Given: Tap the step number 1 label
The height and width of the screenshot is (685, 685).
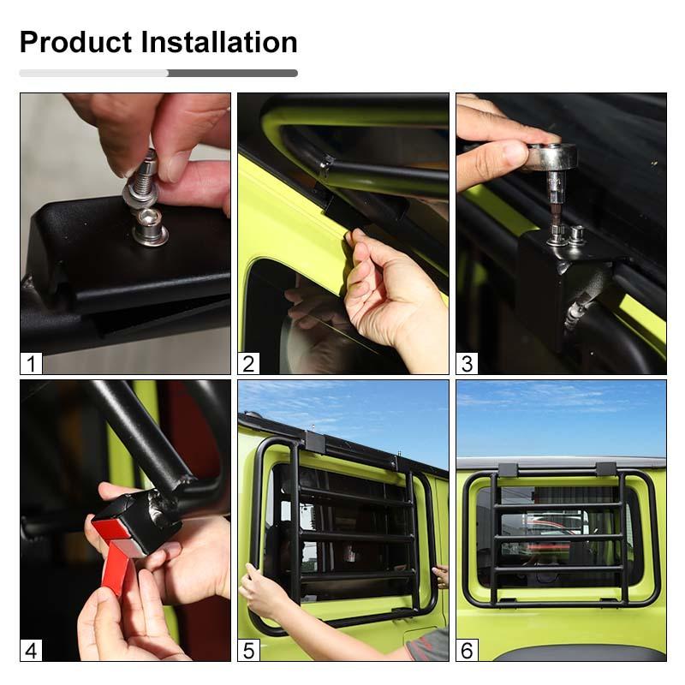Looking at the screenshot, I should (32, 363).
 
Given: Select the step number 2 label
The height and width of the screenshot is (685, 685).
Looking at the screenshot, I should (249, 363).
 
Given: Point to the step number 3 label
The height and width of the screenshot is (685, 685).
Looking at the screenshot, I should (467, 363).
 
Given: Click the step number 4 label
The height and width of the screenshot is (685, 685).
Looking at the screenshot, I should (32, 650).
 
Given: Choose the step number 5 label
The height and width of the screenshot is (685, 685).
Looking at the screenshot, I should (249, 650).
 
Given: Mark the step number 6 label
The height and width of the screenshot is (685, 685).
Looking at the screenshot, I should (467, 650).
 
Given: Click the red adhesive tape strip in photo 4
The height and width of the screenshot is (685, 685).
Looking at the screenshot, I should (116, 566).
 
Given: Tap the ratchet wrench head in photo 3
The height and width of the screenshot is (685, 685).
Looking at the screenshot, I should (551, 158).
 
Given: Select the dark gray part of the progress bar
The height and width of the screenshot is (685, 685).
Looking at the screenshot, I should (232, 74).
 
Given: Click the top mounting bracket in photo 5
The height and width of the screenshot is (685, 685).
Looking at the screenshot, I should (314, 443).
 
